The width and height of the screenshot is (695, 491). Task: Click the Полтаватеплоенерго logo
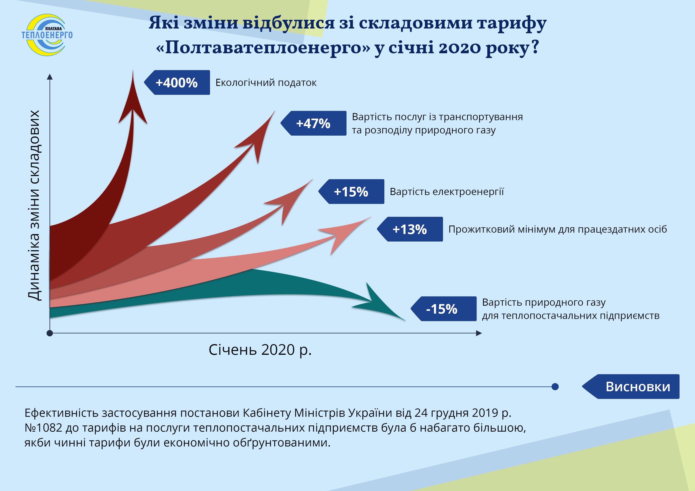tap(47, 35)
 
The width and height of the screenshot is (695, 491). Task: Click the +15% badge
tap(351, 191)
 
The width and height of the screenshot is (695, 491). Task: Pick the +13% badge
tap(410, 229)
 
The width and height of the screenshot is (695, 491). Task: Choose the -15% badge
tap(443, 309)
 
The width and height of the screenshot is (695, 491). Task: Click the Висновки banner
tap(631, 387)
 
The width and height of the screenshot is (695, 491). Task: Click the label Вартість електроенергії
tap(447, 191)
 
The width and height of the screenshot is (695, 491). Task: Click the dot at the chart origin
tap(50, 333)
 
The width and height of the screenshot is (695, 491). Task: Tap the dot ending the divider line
tap(555, 387)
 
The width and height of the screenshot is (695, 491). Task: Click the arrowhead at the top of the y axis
tap(50, 77)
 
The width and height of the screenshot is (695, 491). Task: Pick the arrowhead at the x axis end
tap(479, 333)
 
